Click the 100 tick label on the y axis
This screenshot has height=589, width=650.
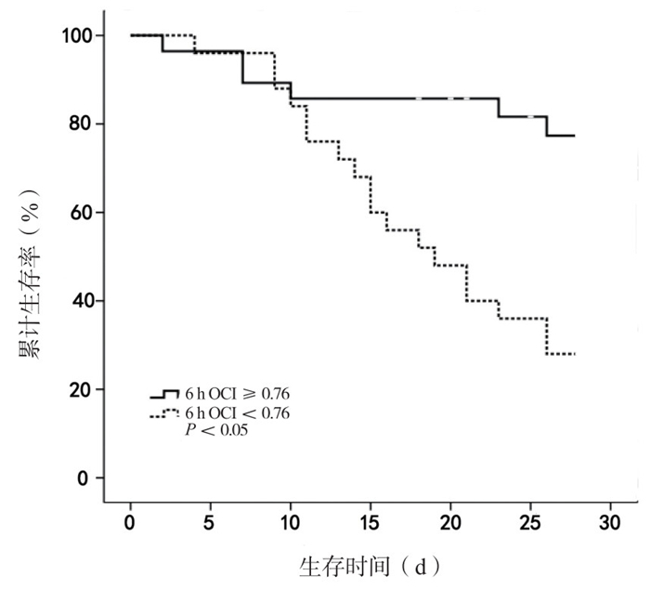[x=77, y=35]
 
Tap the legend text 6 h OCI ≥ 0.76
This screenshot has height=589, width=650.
[x=237, y=394]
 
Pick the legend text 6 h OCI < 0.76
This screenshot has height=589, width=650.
[x=237, y=412]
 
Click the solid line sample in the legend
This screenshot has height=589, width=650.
[x=164, y=394]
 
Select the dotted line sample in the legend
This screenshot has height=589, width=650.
[x=164, y=412]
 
